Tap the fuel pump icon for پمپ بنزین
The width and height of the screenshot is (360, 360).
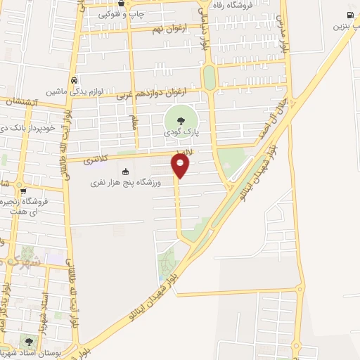coord(349,15)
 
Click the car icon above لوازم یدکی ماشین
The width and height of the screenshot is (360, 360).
coord(74,79)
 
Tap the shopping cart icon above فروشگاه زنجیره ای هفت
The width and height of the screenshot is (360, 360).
coord(23,191)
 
